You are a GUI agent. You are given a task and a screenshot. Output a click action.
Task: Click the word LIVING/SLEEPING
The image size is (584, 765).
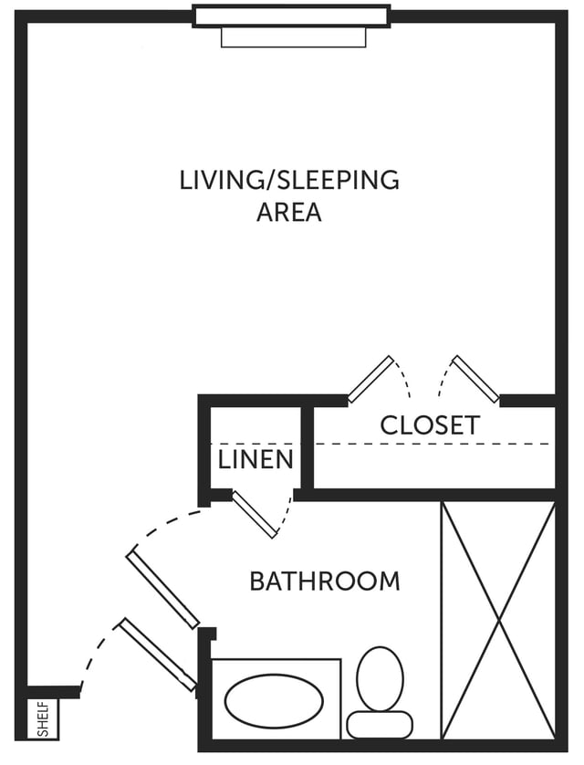(x=289, y=181)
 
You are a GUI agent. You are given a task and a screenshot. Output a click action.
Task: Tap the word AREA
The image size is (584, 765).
(x=289, y=212)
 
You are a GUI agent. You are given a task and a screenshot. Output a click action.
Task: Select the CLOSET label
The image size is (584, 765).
(x=430, y=424)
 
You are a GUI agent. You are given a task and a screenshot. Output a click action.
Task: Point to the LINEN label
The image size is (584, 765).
(x=255, y=459)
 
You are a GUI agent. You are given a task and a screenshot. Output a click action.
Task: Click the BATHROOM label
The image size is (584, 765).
(x=325, y=582)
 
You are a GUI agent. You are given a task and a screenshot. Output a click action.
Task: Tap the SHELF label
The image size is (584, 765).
(x=44, y=719)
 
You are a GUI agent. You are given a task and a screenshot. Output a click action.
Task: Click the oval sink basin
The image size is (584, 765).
(x=274, y=700)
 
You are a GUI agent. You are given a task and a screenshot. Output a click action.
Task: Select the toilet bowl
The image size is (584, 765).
(x=381, y=678)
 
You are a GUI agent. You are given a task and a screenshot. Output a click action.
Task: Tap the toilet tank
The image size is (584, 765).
(x=380, y=725)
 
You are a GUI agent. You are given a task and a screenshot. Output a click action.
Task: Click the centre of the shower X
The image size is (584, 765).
(x=498, y=621)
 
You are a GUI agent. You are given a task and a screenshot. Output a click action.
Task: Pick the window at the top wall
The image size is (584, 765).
(x=291, y=16)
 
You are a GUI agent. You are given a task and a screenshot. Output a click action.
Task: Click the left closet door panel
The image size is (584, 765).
(x=371, y=380)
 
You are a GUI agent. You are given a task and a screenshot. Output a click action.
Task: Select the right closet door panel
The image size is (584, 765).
(x=475, y=380)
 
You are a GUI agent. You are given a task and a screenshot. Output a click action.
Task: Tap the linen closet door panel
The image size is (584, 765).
(x=255, y=515)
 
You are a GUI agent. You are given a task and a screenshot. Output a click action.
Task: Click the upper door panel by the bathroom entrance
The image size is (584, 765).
(x=162, y=590)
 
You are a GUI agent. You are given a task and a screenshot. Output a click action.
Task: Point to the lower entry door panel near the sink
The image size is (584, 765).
(x=158, y=655)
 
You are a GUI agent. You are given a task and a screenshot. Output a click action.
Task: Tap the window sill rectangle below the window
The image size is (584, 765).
(x=294, y=37)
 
